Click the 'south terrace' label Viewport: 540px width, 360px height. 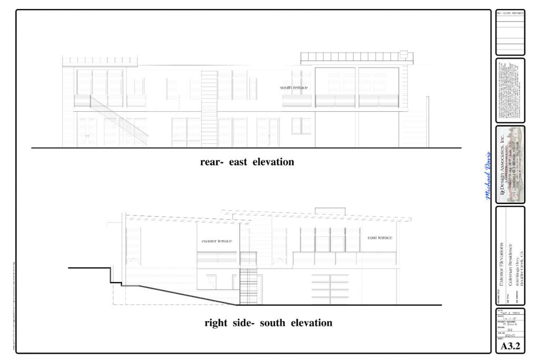coord(294,87)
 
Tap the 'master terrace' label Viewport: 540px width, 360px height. coord(217,241)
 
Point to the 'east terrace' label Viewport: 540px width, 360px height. coord(380,238)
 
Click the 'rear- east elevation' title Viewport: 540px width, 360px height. coord(247,162)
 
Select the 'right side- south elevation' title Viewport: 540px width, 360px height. coord(268,323)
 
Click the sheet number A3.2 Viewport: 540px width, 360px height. coord(510,346)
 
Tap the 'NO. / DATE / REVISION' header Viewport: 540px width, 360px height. coord(510,13)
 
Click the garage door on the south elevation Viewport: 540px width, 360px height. coord(330,288)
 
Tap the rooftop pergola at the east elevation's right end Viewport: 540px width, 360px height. coord(356,56)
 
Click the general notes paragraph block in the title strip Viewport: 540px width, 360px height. coord(510,91)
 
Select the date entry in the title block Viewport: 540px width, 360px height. coord(509,312)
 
